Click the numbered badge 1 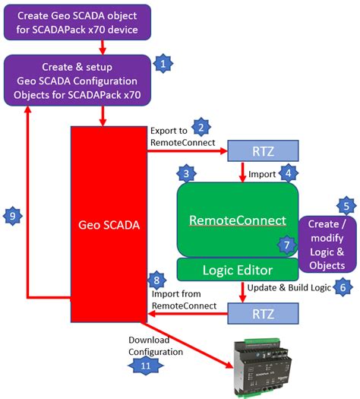[162, 64]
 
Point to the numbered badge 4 [288, 174]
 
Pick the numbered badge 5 [346, 205]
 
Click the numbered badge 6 [343, 287]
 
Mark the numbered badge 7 [286, 245]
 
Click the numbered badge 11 [141, 366]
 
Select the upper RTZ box [259, 151]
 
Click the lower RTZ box [259, 312]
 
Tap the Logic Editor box [235, 269]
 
